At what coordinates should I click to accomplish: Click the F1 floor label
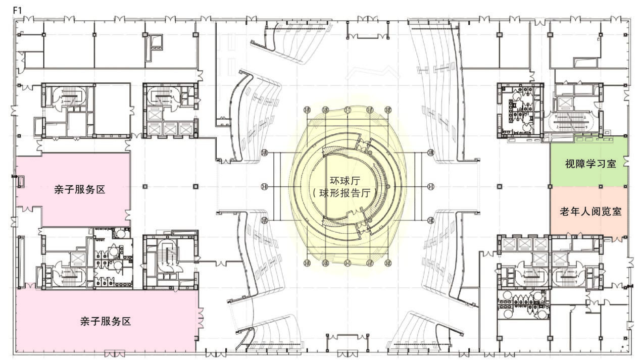click(18, 11)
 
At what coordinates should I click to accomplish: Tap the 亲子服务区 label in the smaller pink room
click(80, 189)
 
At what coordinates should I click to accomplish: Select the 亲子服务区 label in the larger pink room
click(106, 322)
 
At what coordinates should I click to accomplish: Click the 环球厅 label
click(345, 181)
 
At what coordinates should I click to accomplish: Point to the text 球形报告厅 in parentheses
click(345, 193)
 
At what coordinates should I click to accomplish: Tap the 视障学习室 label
click(590, 164)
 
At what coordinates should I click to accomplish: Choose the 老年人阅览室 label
click(590, 212)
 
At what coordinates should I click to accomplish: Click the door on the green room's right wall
click(626, 161)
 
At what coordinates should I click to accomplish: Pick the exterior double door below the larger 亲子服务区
click(115, 354)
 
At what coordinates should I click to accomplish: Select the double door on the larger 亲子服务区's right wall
click(201, 318)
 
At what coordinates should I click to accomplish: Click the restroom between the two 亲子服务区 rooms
click(114, 258)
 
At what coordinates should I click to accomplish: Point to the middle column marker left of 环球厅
click(265, 187)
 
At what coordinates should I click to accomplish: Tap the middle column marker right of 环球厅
click(430, 187)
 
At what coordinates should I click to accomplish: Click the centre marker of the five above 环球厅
click(348, 110)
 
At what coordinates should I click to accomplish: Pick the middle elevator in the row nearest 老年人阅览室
click(525, 244)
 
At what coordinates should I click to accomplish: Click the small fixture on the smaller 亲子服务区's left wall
click(21, 182)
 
